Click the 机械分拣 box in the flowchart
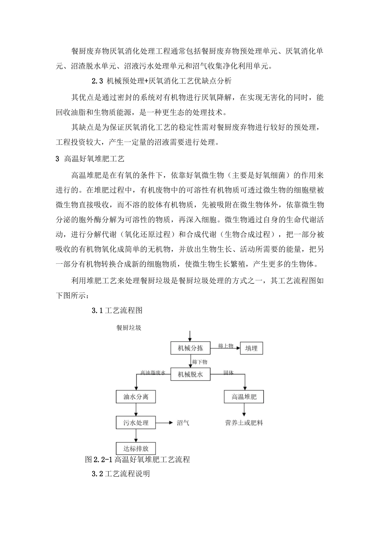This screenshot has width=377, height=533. click(x=190, y=348)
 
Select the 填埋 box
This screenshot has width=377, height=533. click(x=251, y=348)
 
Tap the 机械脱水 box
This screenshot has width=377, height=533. click(x=190, y=374)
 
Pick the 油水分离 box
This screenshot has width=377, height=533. click(x=136, y=397)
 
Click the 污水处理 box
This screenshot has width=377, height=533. click(x=136, y=422)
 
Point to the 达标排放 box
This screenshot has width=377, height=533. click(x=136, y=449)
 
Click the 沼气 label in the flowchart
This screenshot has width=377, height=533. click(x=183, y=423)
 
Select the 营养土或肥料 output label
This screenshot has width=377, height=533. click(x=244, y=423)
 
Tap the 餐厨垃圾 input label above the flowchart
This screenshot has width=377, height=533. click(x=129, y=328)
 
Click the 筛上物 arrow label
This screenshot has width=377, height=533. click(x=225, y=346)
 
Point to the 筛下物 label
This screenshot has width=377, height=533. click(x=200, y=362)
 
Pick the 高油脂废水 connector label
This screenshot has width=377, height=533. click(x=152, y=373)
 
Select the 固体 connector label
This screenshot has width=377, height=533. click(x=229, y=373)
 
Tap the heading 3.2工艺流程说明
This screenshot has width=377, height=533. click(x=121, y=474)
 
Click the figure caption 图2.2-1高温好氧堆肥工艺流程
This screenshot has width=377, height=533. click(x=137, y=460)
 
